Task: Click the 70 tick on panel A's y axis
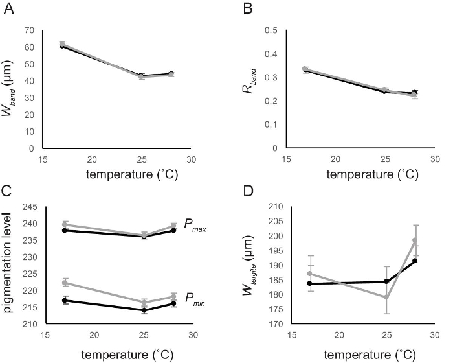coord(30,30)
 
